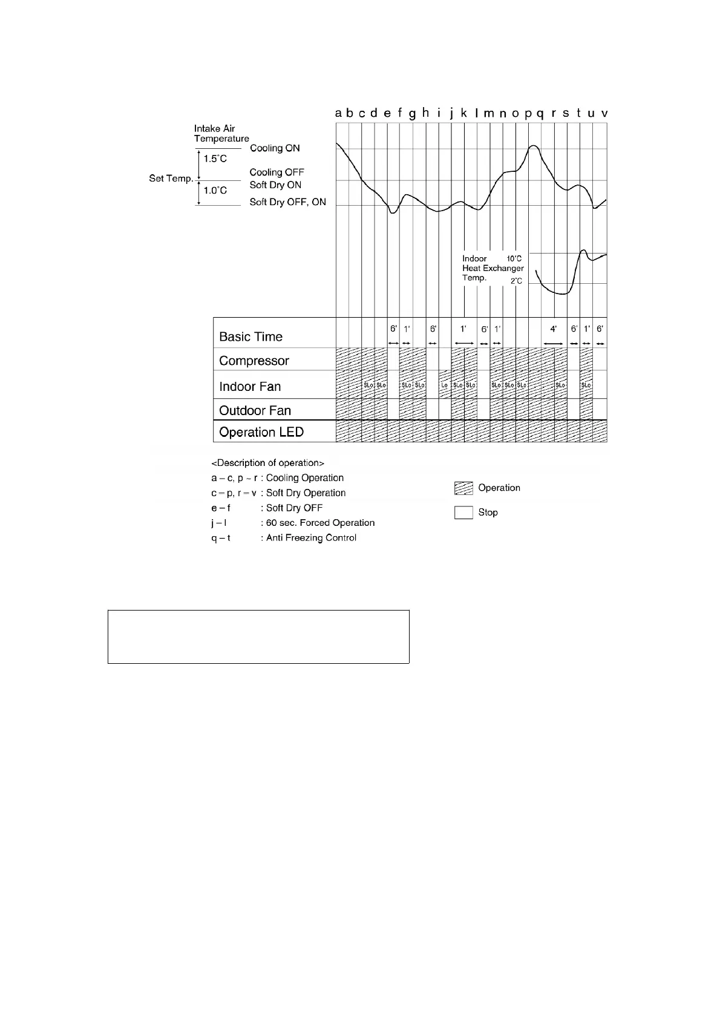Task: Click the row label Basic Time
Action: tap(250, 336)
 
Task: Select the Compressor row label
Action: tap(254, 361)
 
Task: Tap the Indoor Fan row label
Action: tap(250, 387)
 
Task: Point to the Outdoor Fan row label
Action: tap(255, 410)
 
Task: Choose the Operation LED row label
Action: tap(261, 432)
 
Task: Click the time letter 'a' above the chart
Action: tap(339, 113)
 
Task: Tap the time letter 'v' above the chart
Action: tap(604, 113)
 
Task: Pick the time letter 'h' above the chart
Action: tap(425, 113)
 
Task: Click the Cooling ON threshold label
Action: tap(275, 148)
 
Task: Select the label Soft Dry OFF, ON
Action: tap(287, 202)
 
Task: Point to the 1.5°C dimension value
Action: tap(215, 159)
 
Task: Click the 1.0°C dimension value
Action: tap(215, 191)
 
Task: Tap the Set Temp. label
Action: tap(171, 179)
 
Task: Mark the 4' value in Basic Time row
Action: tap(553, 329)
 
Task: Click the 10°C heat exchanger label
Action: tap(514, 258)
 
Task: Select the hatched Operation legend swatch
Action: tap(463, 488)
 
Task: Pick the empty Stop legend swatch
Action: tap(463, 513)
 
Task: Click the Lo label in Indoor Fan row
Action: tap(445, 385)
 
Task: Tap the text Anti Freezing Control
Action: tap(311, 538)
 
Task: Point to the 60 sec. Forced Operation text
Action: tap(320, 523)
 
